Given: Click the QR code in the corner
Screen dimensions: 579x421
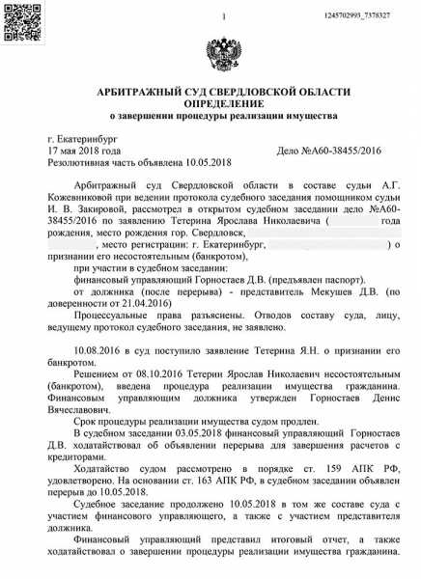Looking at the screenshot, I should click(x=18, y=20).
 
